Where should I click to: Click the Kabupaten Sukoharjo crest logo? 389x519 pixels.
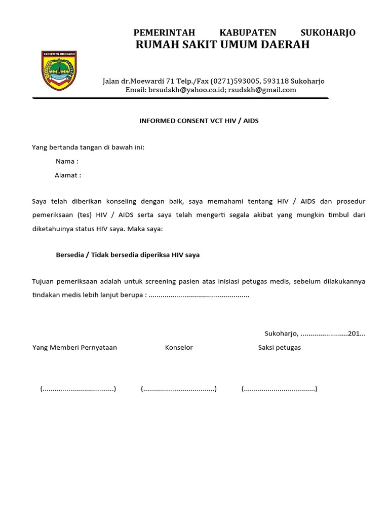coord(59,71)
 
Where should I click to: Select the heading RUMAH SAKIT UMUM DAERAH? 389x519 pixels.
coord(222,45)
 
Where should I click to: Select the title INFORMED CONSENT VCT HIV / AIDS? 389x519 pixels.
coord(199,121)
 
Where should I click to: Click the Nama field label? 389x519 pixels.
coord(66,162)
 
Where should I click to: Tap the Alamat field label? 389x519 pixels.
coord(67,175)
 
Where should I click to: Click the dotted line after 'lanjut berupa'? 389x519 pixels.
coord(200,295)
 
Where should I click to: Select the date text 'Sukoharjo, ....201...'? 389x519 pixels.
coord(315,333)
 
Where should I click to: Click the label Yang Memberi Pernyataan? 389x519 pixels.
coord(74,348)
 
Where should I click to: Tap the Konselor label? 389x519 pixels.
coord(179,348)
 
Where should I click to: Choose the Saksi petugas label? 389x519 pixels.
coord(279,348)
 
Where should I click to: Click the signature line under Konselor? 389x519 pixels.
coord(179,389)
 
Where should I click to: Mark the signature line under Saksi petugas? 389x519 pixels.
coord(279,389)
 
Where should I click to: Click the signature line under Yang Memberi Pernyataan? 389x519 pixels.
coord(78,389)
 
